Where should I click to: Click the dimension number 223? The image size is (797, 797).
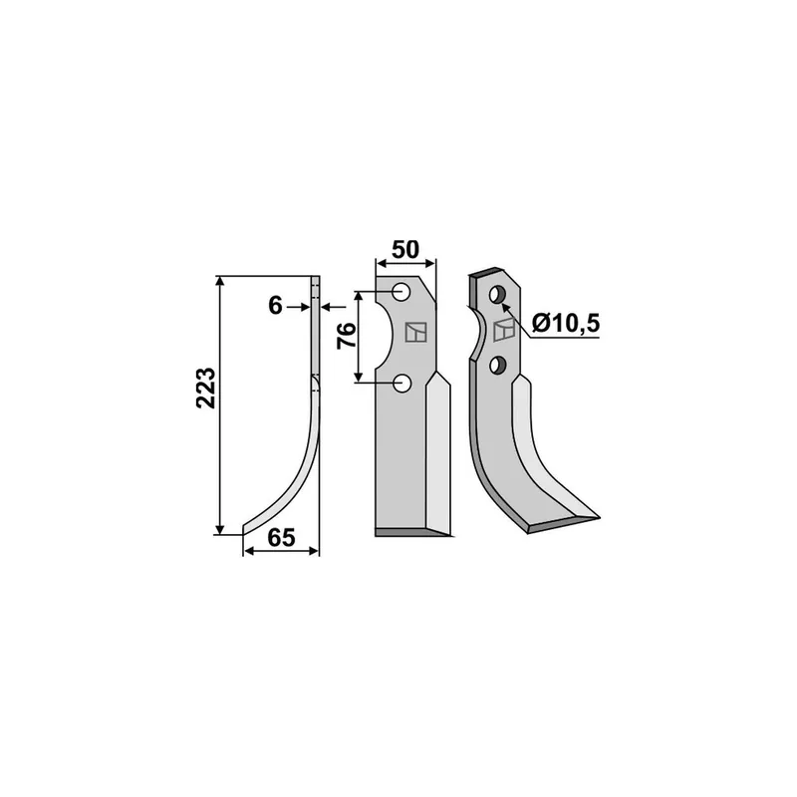coord(206,388)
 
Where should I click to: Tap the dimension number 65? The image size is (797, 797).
coord(281,538)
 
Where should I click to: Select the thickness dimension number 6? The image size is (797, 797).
coord(275,306)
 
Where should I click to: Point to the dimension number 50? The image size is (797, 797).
coord(405,250)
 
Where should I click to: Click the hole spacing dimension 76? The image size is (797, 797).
coord(347,336)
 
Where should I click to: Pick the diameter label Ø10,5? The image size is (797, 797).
coord(566,323)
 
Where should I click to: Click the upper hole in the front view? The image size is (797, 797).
coord(401,292)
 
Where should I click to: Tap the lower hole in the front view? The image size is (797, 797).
coord(402,384)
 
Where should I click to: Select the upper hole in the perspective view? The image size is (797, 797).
coord(496,294)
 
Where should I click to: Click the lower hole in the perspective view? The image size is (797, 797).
coord(497,365)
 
